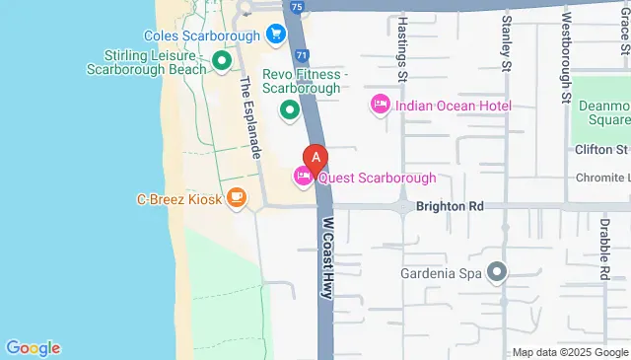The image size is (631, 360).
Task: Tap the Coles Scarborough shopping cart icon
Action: coord(277,36)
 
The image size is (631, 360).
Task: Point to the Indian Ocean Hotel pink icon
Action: coord(380,104)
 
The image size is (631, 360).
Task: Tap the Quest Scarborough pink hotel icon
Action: coord(303,177)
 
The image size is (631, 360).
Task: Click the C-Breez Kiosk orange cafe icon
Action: coord(236,198)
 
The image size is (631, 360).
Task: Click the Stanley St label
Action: coord(506,44)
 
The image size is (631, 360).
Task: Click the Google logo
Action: coord(33,347)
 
